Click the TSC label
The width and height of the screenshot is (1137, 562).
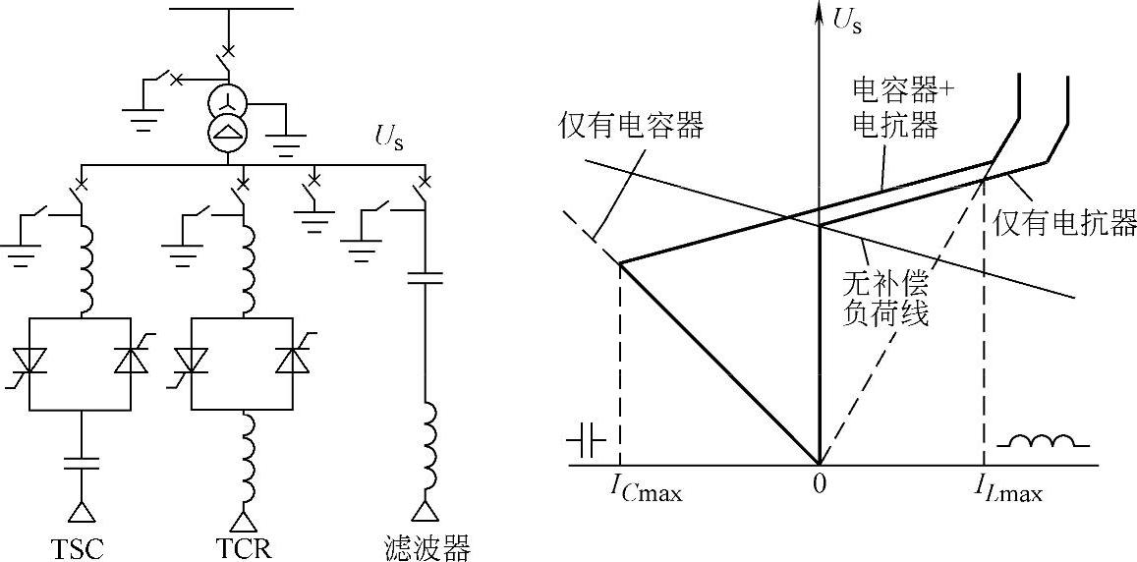click(80, 546)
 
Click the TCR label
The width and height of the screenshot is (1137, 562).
click(241, 546)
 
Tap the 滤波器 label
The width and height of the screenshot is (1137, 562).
click(427, 546)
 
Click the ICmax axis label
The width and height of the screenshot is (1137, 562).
click(646, 487)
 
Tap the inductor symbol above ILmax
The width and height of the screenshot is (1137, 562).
click(1044, 441)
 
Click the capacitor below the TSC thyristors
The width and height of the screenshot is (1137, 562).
click(80, 463)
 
